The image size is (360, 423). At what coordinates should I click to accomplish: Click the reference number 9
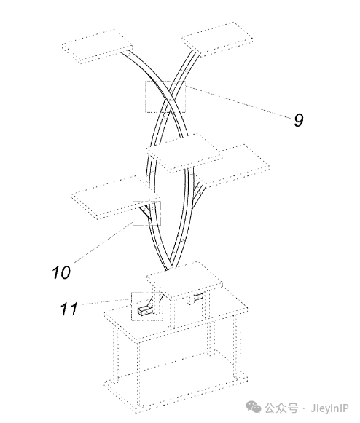pos(299,120)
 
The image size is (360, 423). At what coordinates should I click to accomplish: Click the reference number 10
pos(61,272)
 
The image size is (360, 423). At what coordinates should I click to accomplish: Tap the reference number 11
pos(69,309)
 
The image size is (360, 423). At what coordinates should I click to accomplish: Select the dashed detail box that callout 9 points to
pos(165,81)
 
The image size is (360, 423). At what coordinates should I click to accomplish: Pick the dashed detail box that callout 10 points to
pos(133,213)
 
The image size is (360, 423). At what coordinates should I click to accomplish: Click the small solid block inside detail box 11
pos(144,311)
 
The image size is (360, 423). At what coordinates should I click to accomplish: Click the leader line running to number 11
pos(106,301)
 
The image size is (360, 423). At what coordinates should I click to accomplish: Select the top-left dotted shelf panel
pos(97,46)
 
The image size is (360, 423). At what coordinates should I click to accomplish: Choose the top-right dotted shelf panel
pos(217,39)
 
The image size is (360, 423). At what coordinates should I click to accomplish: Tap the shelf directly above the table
pos(185,281)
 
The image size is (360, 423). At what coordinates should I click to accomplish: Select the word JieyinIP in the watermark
pos(329,408)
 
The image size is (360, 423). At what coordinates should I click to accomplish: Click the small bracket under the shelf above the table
pos(198,297)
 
